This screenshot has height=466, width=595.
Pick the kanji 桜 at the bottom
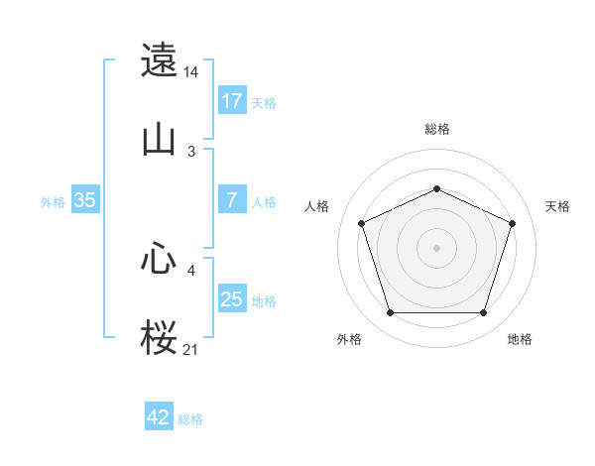point(160,337)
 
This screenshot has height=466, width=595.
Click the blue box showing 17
point(232,101)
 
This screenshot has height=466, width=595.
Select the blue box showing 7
point(232,200)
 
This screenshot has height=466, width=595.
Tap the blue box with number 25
point(232,299)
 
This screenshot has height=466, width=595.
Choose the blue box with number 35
point(84,200)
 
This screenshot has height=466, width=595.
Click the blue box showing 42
point(159,417)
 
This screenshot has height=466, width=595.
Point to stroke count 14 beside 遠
point(191,72)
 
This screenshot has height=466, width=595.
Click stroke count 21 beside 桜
point(191,350)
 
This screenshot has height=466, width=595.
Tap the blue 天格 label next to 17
point(264,102)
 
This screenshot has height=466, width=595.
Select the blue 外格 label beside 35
point(53,201)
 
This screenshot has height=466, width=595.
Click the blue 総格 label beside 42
point(190,418)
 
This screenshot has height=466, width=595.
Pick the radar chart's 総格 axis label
point(436,129)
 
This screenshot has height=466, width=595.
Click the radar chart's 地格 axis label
point(520,339)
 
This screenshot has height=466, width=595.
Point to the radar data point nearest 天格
point(513,223)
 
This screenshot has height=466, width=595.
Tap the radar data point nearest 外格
point(390,313)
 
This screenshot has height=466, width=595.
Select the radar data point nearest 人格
point(361,223)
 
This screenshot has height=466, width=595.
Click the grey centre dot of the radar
point(436,247)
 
